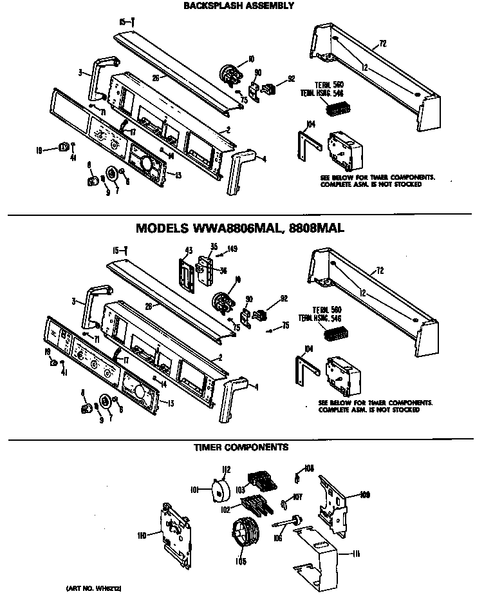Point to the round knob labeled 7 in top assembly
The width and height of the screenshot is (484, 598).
tap(114, 175)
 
